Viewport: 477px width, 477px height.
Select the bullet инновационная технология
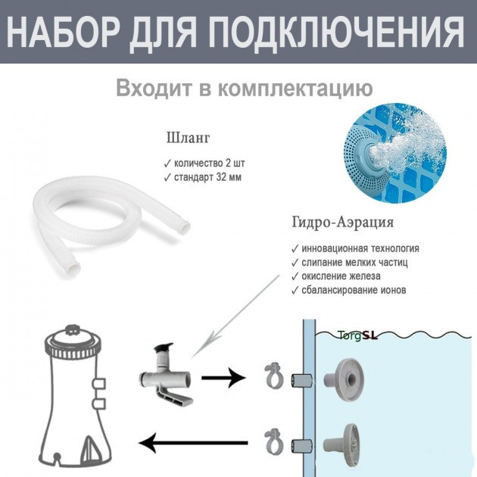pos(354,248)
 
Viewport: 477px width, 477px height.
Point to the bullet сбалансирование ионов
pos(348,290)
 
